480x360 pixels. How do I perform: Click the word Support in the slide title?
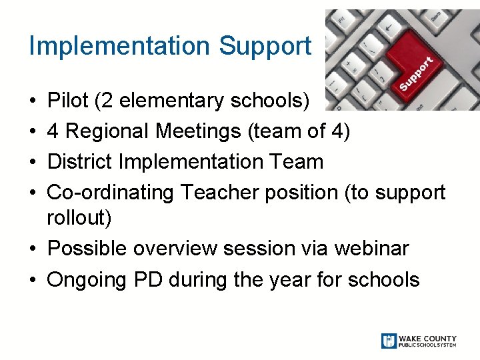coord(265,46)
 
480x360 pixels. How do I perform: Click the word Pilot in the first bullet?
coord(68,101)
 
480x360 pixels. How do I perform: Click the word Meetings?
coord(199,131)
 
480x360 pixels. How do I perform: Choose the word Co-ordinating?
coord(111,193)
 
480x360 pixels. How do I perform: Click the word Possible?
coord(88,249)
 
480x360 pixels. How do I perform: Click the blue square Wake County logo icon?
coord(389,341)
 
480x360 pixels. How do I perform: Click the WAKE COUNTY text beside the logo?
coord(427,337)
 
